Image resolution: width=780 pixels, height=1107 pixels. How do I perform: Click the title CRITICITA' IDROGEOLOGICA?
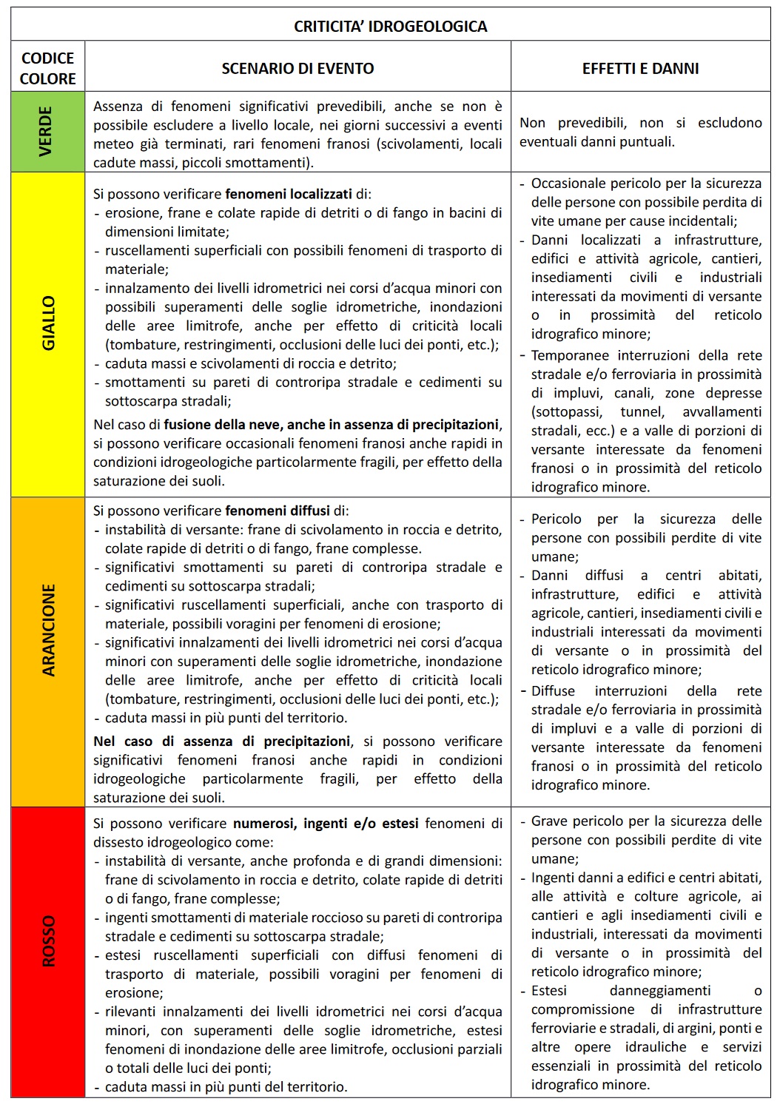(x=390, y=27)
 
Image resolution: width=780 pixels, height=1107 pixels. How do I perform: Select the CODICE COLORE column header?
(x=48, y=68)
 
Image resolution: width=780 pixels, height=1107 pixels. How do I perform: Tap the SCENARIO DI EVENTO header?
(x=297, y=69)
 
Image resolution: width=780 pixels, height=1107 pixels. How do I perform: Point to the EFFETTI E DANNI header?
(x=640, y=69)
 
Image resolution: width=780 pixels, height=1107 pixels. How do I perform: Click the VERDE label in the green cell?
(x=47, y=132)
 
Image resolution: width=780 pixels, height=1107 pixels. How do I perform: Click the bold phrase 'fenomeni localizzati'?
(x=289, y=195)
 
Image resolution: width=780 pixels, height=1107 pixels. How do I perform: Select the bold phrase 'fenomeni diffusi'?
(x=278, y=511)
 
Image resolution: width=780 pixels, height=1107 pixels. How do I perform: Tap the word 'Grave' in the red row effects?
(x=549, y=821)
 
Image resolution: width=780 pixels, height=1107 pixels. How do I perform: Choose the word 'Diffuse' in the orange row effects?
(x=553, y=691)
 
